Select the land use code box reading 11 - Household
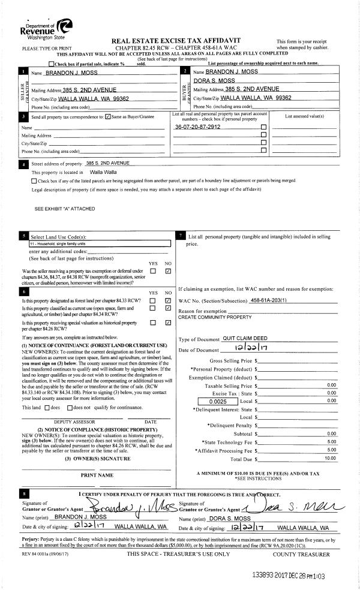100,244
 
